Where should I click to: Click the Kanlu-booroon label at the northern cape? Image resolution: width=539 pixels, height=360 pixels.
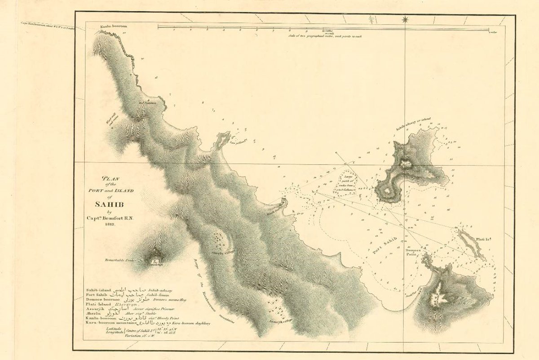point(114,27)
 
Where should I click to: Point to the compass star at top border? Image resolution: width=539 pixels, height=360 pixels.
point(405,19)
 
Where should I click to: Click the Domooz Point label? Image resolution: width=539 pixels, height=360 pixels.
point(413,252)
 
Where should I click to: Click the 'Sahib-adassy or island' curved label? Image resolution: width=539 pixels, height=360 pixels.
point(413,124)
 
